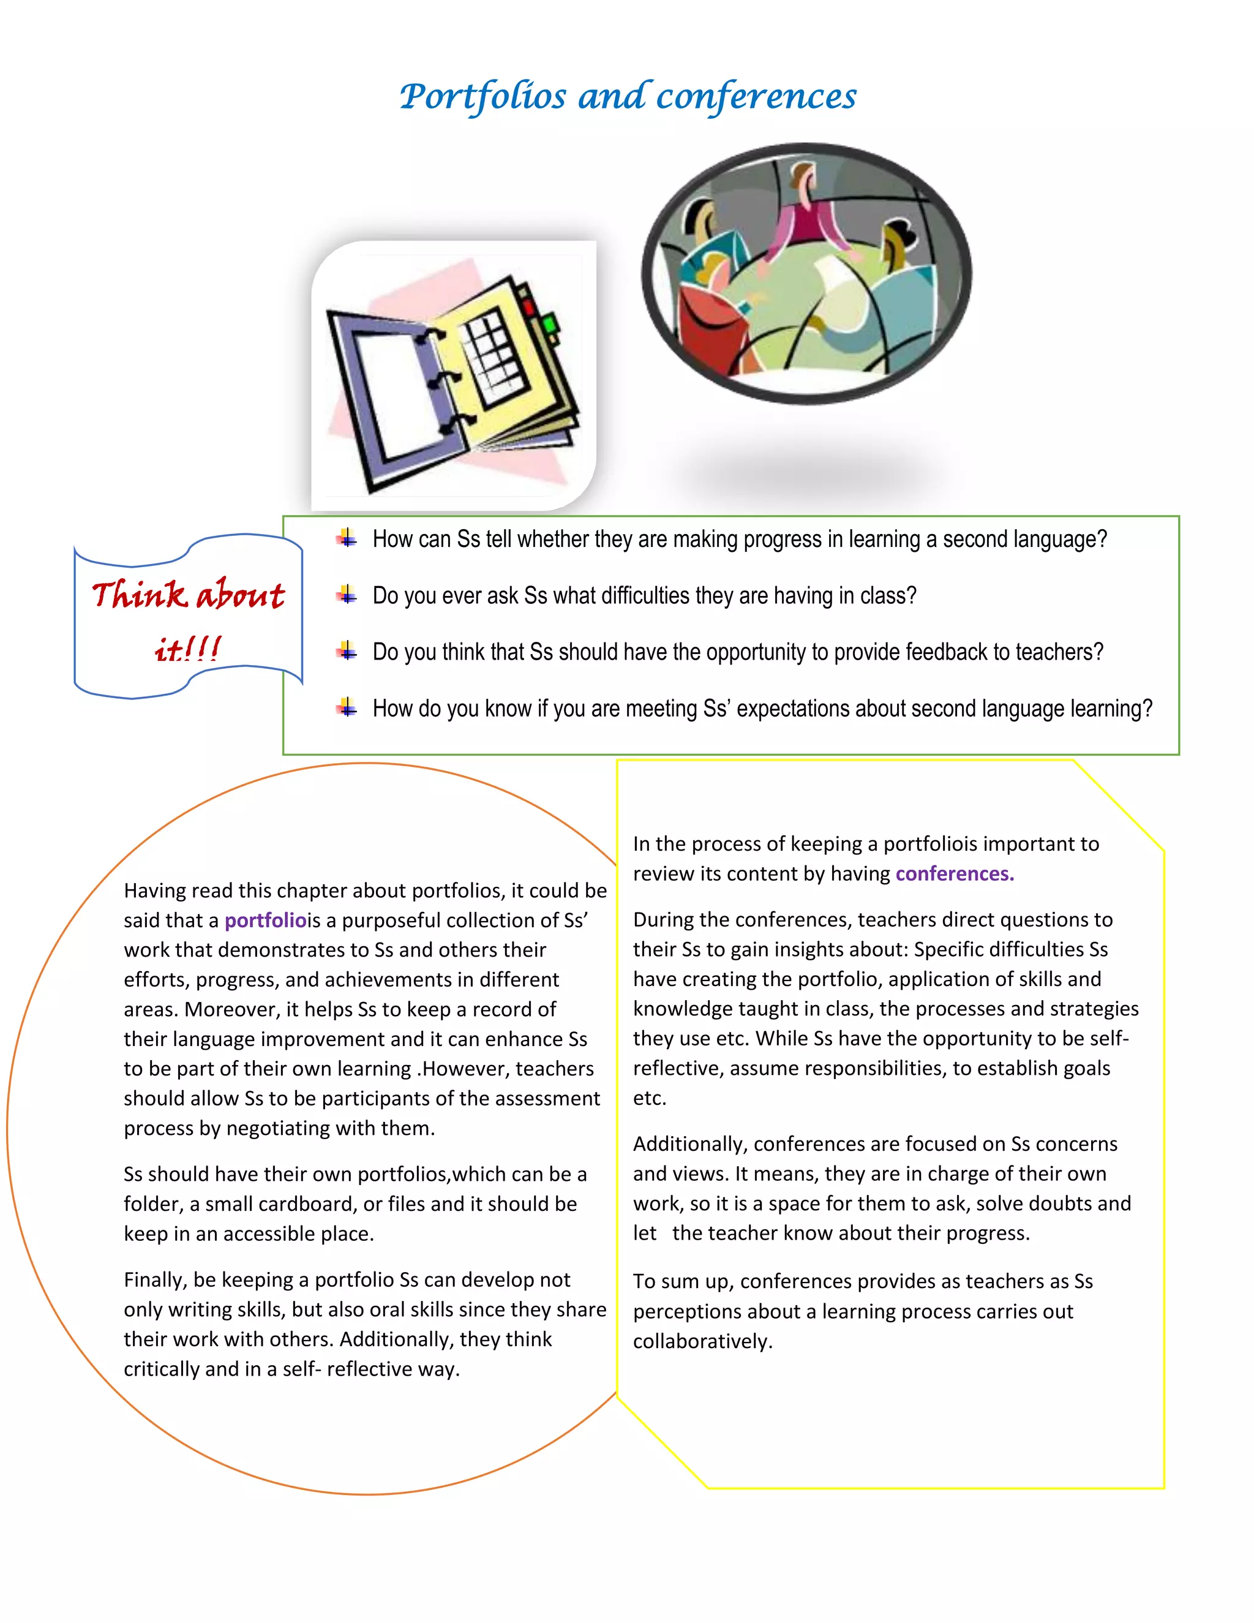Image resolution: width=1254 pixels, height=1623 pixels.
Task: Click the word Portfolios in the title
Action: coord(483,97)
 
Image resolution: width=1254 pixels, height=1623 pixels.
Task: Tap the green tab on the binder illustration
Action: coord(550,324)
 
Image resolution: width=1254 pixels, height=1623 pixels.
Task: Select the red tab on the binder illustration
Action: coord(528,306)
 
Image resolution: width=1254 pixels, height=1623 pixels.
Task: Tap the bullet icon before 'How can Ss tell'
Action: coord(346,538)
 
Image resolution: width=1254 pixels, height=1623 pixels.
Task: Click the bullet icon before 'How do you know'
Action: coord(346,707)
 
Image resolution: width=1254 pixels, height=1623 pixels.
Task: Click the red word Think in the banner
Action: coord(139,595)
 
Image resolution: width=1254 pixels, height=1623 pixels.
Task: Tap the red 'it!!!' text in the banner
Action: coord(187,649)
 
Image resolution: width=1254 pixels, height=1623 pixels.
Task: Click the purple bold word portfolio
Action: coord(265,921)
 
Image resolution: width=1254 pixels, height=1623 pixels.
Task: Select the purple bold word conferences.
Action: coord(954,874)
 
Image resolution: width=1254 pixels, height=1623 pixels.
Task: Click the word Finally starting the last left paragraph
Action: coord(154,1279)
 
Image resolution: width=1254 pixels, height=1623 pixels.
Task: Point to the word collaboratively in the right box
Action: coord(702,1341)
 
